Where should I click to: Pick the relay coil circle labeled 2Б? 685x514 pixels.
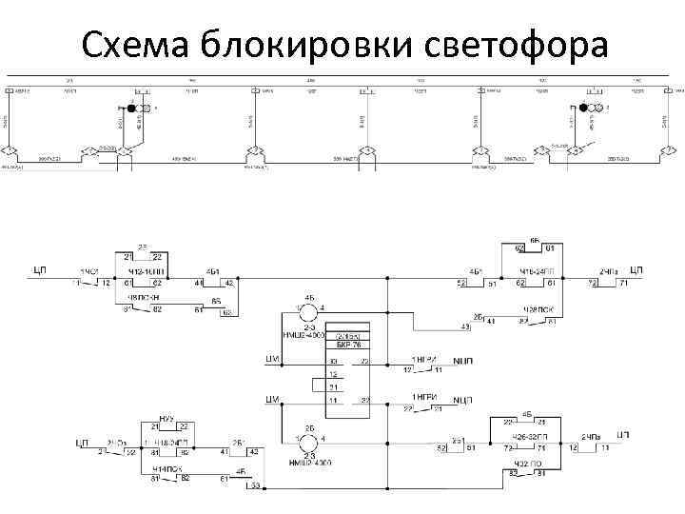coord(308,442)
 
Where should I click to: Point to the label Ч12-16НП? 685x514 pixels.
coord(145,273)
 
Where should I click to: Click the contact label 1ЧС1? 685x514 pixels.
coord(90,273)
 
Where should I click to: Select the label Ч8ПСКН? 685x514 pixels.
coord(143,297)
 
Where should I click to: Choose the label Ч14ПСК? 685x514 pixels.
coord(167,468)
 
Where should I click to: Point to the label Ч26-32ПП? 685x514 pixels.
coord(530,436)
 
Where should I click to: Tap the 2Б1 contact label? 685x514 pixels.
coord(239,444)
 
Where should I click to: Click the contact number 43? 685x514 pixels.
coord(465,327)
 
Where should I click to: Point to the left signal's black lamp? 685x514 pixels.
coord(132,109)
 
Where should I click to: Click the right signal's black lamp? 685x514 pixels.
coord(583,109)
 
